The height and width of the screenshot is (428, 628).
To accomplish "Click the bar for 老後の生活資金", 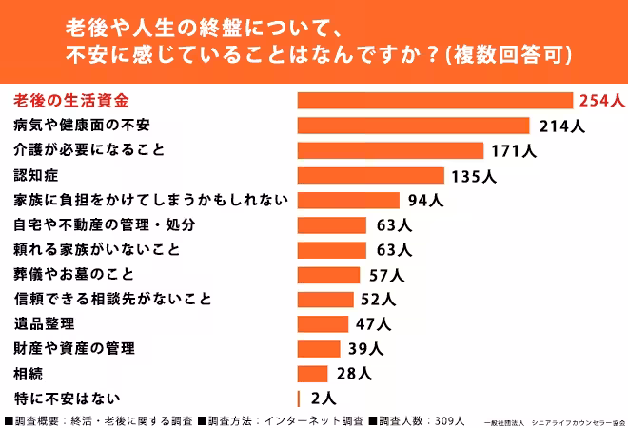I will click(x=435, y=101).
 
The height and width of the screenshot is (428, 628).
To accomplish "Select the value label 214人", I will click(x=560, y=126).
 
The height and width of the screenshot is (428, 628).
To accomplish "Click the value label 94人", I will click(x=424, y=200).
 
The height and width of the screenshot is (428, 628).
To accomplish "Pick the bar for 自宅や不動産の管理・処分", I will click(x=332, y=224).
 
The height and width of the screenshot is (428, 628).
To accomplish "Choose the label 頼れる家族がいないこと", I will click(x=97, y=249).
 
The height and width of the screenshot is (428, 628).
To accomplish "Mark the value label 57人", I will click(x=386, y=274).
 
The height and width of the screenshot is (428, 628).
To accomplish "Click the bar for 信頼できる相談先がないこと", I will click(x=326, y=299).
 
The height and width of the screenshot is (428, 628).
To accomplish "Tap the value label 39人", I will click(x=366, y=348).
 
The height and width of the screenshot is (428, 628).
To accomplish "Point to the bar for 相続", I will click(x=313, y=373).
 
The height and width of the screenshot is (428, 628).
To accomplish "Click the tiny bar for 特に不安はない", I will click(x=299, y=398).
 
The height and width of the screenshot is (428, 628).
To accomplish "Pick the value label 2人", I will click(x=323, y=398).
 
